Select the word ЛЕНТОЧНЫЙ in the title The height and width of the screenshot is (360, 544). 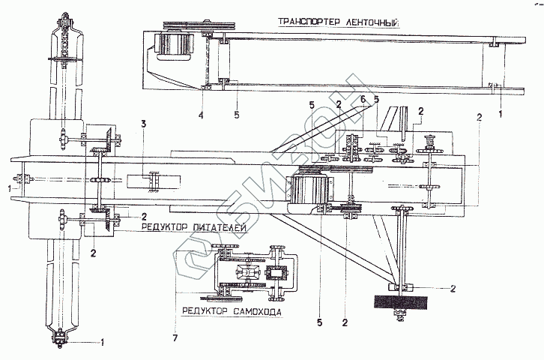coord(373,22)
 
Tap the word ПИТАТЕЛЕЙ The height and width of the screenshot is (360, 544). coord(219,228)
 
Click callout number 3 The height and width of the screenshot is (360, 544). coord(143,124)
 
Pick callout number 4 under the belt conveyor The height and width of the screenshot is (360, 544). coord(201,115)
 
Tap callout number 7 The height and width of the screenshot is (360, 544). coord(175,337)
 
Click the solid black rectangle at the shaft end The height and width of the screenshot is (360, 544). coord(401,302)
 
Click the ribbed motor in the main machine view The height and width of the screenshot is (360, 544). coord(309,189)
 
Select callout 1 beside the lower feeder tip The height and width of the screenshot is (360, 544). coord(102,343)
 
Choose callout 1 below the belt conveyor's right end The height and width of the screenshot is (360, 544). coord(501,113)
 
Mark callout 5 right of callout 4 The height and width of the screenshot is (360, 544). coord(237,115)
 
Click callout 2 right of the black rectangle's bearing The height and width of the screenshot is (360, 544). coord(453,289)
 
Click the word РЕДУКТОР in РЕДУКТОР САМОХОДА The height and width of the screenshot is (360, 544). coord(205,311)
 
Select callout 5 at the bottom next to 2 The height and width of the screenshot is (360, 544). coord(319,322)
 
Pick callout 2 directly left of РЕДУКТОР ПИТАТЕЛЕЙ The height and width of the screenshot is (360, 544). coord(144,217)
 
